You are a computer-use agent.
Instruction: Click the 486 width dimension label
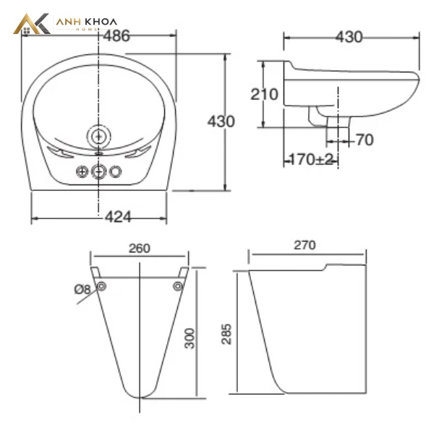[x=116, y=36]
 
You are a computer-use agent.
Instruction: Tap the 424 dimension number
[x=118, y=217]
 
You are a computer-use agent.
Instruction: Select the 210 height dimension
[x=264, y=94]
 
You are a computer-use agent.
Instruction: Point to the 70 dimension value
[x=365, y=140]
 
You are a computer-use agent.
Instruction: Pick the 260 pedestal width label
[x=140, y=249]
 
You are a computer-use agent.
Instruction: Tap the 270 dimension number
[x=305, y=245]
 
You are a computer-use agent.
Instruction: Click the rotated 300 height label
[x=190, y=338]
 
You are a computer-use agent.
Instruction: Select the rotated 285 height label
[x=226, y=334]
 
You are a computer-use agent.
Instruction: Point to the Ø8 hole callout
[x=82, y=289]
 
